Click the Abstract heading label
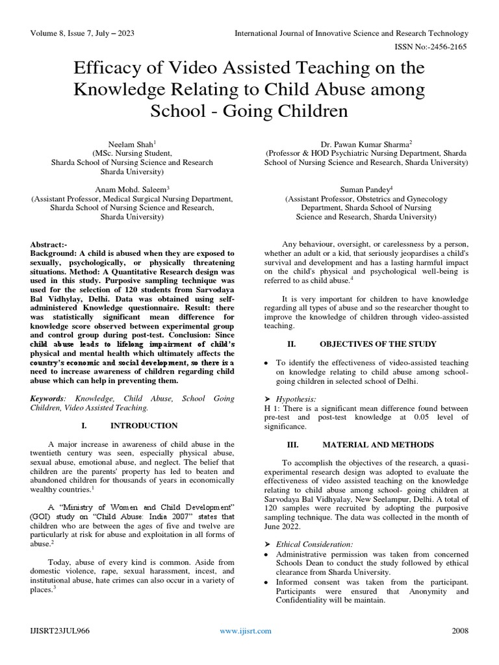(49, 242)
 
